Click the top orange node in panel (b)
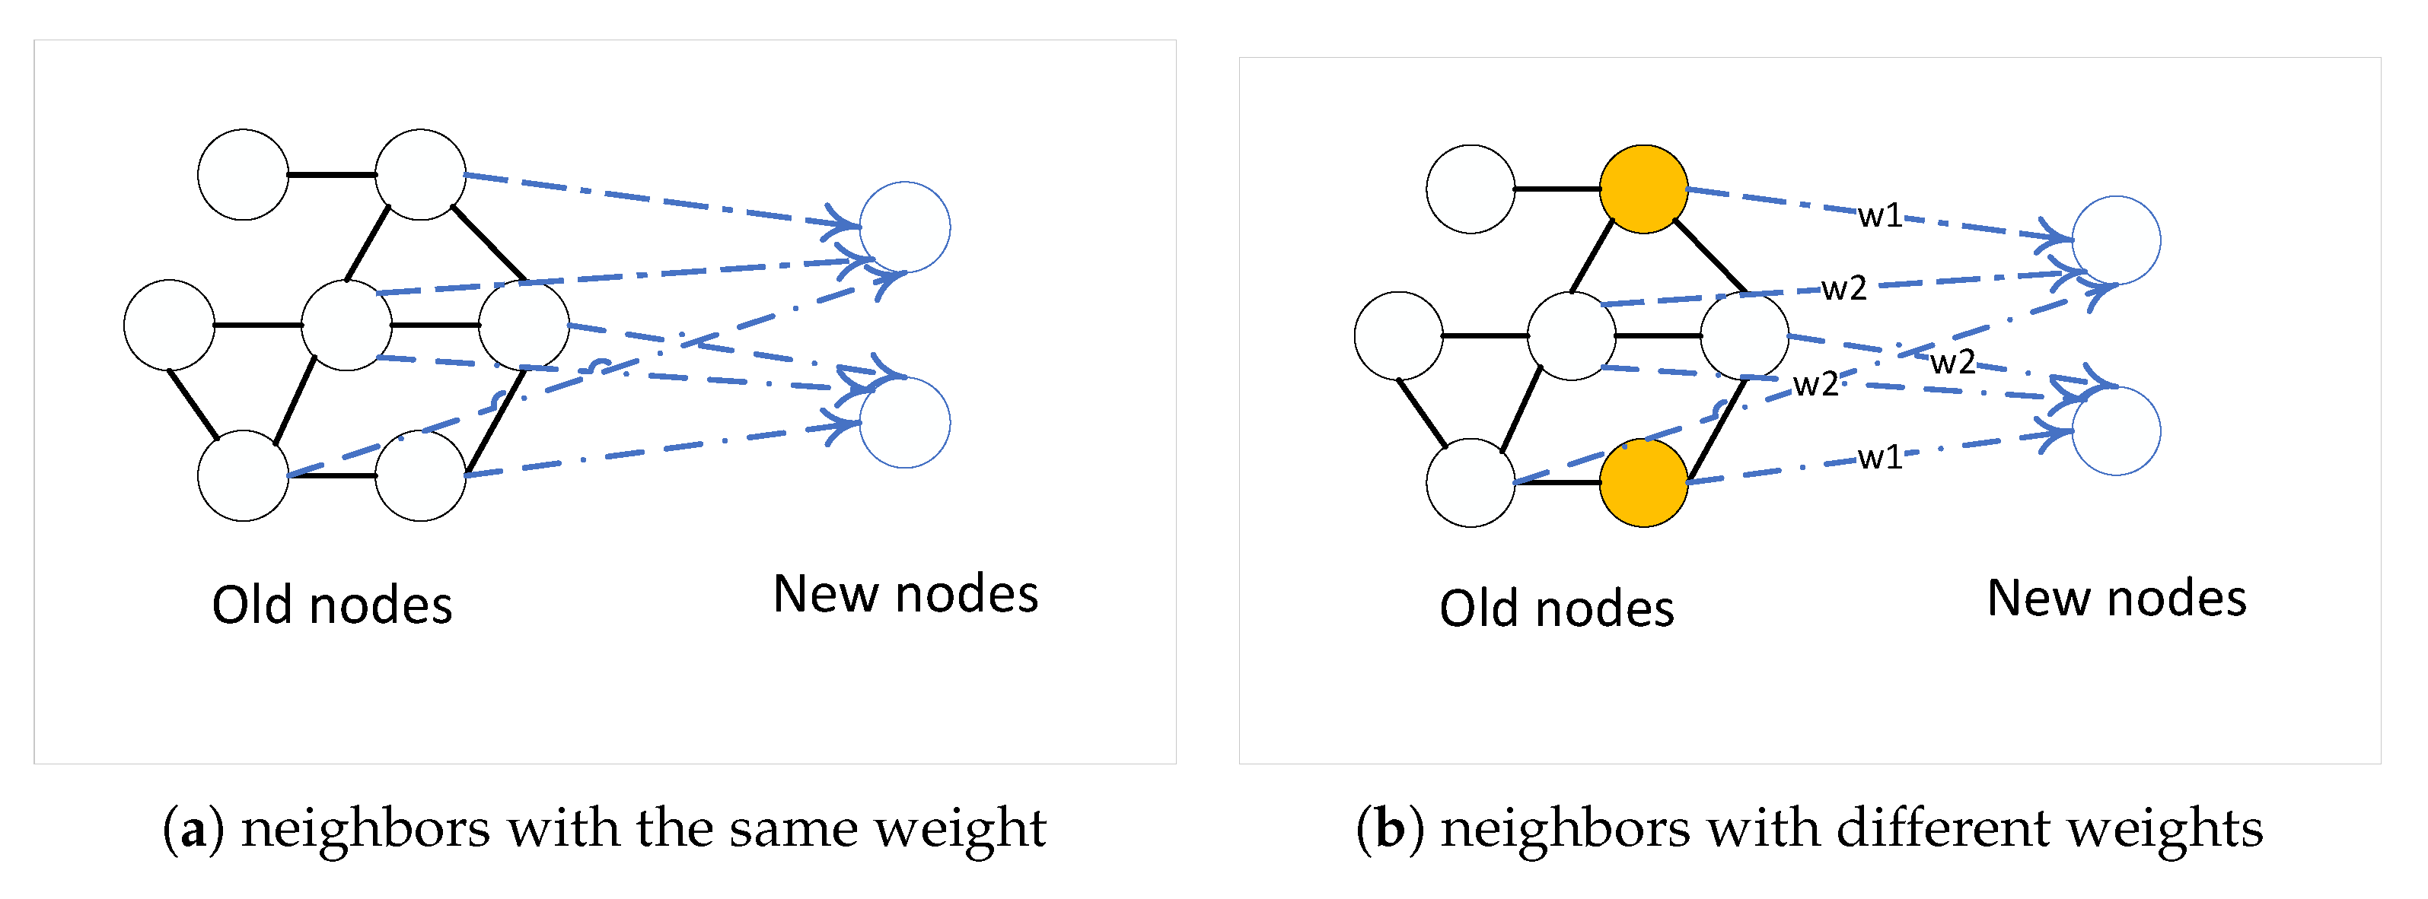click(1643, 189)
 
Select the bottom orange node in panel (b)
click(1643, 482)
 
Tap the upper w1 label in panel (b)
click(1879, 216)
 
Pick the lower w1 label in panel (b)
click(1879, 457)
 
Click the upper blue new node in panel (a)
click(905, 227)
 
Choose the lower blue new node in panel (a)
click(905, 422)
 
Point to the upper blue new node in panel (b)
click(2116, 240)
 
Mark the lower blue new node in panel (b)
click(2116, 430)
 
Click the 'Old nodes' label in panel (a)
click(332, 605)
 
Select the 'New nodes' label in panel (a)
click(905, 594)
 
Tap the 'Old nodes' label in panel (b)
click(1557, 608)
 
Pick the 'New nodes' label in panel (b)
click(2116, 599)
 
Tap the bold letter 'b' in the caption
click(1389, 829)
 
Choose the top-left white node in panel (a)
click(243, 174)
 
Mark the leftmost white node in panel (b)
click(1397, 335)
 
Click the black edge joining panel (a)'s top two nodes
click(332, 174)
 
